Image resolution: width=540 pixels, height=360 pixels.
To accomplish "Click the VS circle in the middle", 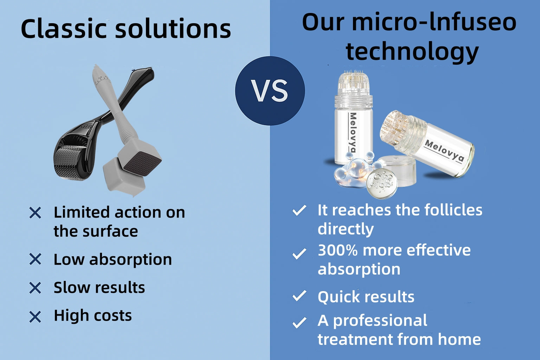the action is (x=270, y=91).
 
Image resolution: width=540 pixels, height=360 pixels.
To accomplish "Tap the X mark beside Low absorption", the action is (x=35, y=259).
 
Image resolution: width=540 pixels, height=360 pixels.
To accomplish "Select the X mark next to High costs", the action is (x=35, y=317).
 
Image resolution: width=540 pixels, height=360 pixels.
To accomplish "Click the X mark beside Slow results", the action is (x=35, y=288).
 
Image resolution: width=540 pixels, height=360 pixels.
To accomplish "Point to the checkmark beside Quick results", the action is (x=300, y=296).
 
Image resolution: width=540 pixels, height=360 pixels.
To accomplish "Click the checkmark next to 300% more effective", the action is (x=300, y=254).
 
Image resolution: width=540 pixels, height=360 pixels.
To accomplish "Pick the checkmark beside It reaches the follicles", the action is (x=300, y=210).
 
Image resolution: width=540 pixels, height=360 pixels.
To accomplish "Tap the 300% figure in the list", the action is (x=338, y=250).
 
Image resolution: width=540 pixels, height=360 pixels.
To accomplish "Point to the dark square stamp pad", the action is (x=143, y=164).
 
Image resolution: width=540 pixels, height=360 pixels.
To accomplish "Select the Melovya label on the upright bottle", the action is (x=353, y=133).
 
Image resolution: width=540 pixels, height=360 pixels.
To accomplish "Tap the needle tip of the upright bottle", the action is (x=353, y=72).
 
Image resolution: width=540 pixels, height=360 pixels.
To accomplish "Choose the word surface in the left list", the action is (x=110, y=231).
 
